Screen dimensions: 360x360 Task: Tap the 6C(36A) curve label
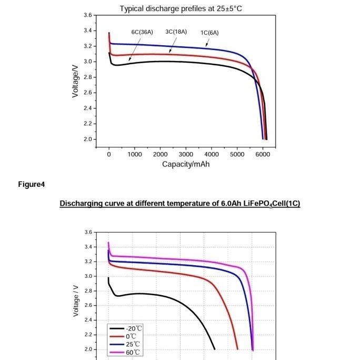(142, 32)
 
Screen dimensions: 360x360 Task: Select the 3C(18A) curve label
(176, 32)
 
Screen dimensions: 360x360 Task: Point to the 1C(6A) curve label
(209, 33)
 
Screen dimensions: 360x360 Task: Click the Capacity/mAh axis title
(186, 164)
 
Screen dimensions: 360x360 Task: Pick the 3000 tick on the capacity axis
(186, 154)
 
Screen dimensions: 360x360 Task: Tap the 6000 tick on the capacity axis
(263, 154)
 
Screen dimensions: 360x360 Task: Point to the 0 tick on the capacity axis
(109, 154)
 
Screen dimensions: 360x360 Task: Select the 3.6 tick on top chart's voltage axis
(87, 15)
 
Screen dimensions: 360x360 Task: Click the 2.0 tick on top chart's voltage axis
(87, 139)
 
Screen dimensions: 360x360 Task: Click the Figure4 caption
(32, 184)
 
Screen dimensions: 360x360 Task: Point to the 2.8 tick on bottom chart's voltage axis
(88, 291)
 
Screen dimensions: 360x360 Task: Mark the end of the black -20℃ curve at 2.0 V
(215, 349)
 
